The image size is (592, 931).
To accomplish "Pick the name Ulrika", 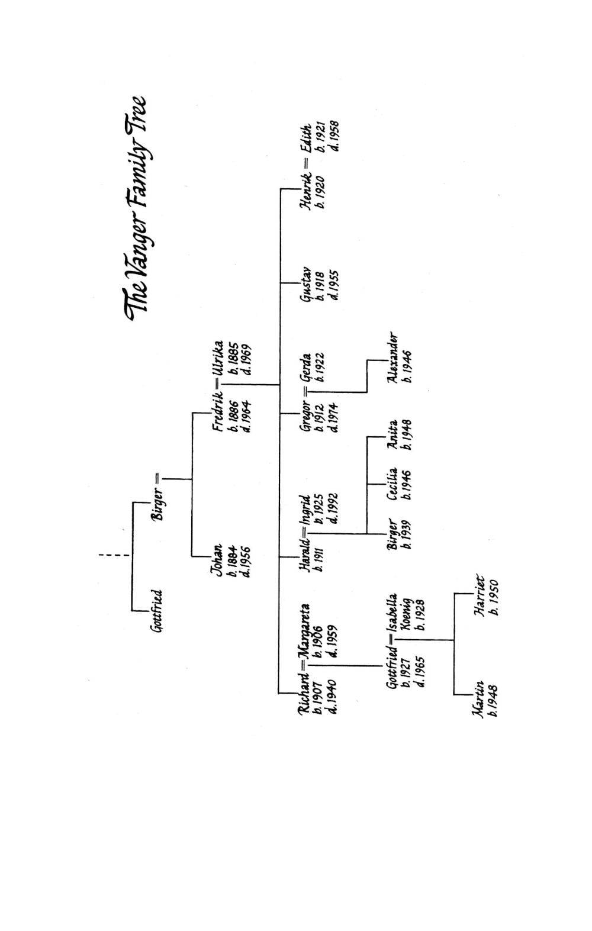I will [x=218, y=359].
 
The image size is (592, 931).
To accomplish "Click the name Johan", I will [x=218, y=559].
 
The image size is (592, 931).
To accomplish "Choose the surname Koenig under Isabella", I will [x=406, y=618].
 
